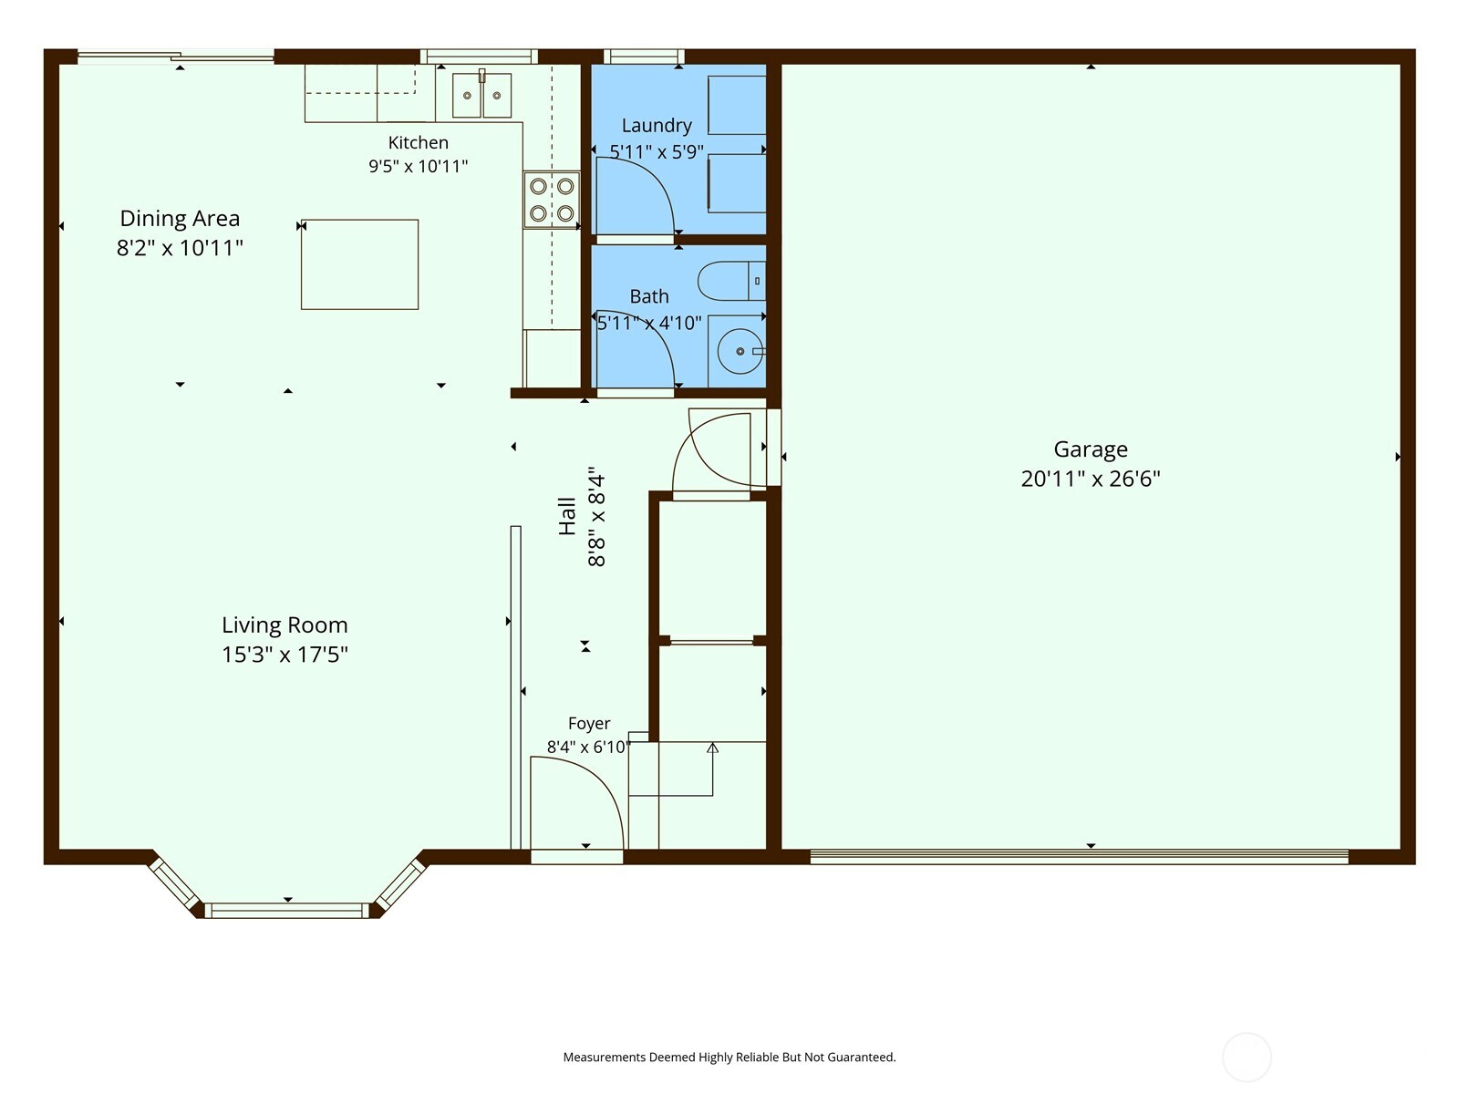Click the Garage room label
[x=1090, y=449]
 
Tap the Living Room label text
[x=285, y=625]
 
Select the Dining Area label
[x=180, y=219]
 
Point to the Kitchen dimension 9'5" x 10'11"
[x=418, y=166]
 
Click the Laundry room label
[x=657, y=126]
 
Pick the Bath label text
[x=649, y=296]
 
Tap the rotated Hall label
[x=567, y=516]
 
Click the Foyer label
[x=589, y=723]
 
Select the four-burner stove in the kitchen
[x=552, y=200]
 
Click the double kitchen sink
[x=481, y=95]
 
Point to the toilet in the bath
[x=732, y=281]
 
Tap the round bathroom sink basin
[x=740, y=351]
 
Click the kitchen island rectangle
[x=359, y=264]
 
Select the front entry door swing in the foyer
[x=577, y=803]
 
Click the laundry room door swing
[x=635, y=196]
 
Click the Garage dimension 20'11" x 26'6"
[x=1090, y=479]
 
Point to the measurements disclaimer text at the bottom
[x=729, y=1057]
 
